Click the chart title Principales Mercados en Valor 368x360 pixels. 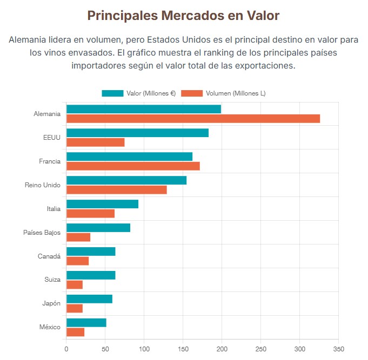pyautogui.click(x=183, y=16)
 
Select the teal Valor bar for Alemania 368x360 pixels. pyautogui.click(x=143, y=109)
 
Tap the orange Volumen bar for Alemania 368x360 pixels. pyautogui.click(x=193, y=119)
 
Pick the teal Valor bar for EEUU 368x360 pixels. pyautogui.click(x=137, y=133)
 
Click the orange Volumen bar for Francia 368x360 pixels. pyautogui.click(x=133, y=166)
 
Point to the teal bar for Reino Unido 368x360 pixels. pyautogui.click(x=126, y=180)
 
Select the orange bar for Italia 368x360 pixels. pyautogui.click(x=90, y=214)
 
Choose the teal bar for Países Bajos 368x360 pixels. pyautogui.click(x=98, y=228)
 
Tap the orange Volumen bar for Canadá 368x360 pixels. pyautogui.click(x=77, y=261)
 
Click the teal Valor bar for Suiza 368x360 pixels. pyautogui.click(x=91, y=275)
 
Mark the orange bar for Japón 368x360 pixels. pyautogui.click(x=75, y=308)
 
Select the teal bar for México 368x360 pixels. pyautogui.click(x=86, y=323)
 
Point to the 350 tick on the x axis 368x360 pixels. pyautogui.click(x=338, y=349)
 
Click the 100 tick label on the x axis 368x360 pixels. pyautogui.click(x=144, y=349)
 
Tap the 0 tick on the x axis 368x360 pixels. pyautogui.click(x=66, y=349)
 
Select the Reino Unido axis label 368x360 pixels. pyautogui.click(x=43, y=185)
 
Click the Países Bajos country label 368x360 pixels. pyautogui.click(x=42, y=233)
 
